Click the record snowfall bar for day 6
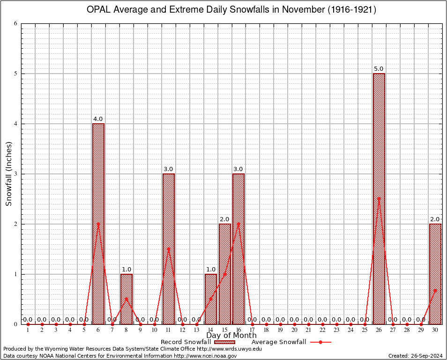tap(98, 224)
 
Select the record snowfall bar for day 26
tap(379, 199)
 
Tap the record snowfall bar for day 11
tap(169, 249)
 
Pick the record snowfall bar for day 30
tap(435, 274)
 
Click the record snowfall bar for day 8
tap(127, 299)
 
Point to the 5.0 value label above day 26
tap(379, 69)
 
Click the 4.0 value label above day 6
tap(98, 119)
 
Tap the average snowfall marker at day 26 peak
tap(379, 198)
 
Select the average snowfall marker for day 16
tap(238, 224)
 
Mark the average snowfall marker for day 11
tap(169, 249)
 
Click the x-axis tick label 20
tap(294, 330)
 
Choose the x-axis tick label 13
tap(196, 330)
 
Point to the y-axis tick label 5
tap(15, 74)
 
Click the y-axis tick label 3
tap(15, 174)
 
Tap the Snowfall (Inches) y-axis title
tap(8, 174)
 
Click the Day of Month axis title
tap(231, 336)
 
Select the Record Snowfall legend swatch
tap(224, 342)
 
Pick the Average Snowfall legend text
tap(278, 342)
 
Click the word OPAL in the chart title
tap(99, 10)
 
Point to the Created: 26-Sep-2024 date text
tap(415, 356)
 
